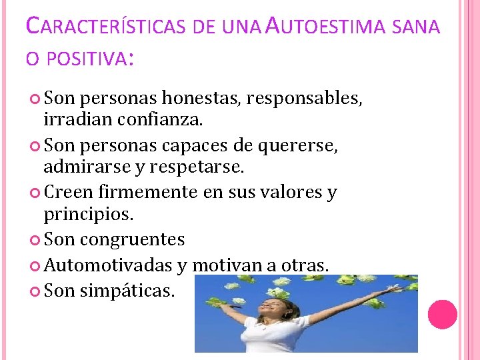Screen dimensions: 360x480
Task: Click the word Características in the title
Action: (x=108, y=27)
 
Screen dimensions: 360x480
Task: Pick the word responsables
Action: (x=305, y=100)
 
